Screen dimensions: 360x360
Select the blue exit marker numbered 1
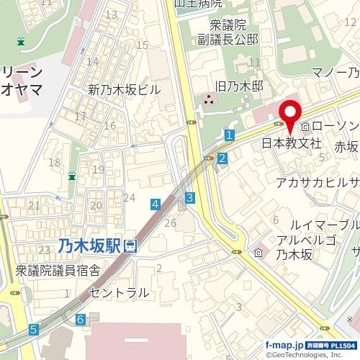(x=228, y=135)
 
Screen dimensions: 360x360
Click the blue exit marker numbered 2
(x=222, y=158)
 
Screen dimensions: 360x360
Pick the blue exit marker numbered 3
(x=189, y=197)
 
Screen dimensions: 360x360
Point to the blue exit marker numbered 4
(x=156, y=205)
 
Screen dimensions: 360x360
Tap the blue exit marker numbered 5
(x=34, y=330)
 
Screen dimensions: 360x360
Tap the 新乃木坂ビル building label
(x=124, y=91)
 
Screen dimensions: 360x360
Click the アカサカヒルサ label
(x=318, y=182)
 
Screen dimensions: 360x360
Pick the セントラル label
(x=119, y=292)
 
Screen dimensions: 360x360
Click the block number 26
(x=170, y=223)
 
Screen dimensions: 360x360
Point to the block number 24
(x=130, y=197)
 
